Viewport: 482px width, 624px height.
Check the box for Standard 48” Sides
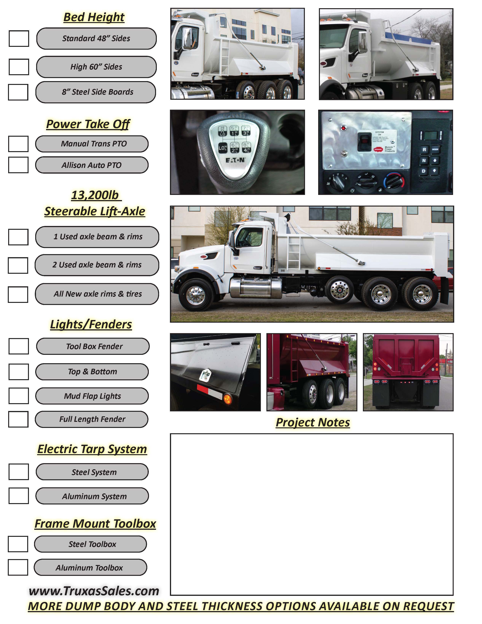coord(19,39)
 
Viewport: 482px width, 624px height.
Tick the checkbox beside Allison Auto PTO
coord(18,165)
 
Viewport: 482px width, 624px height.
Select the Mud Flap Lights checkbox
coord(19,396)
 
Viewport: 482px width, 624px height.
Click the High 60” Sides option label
coord(96,67)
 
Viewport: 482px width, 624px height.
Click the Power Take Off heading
coord(88,124)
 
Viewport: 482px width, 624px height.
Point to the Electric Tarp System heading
coord(92,449)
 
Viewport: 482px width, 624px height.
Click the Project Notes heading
coord(313,422)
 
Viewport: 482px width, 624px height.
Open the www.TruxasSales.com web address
coord(94,591)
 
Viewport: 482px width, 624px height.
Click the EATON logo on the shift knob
coord(235,160)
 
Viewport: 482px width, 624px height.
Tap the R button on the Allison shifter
coord(424,150)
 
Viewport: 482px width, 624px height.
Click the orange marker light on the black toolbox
coord(228,399)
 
